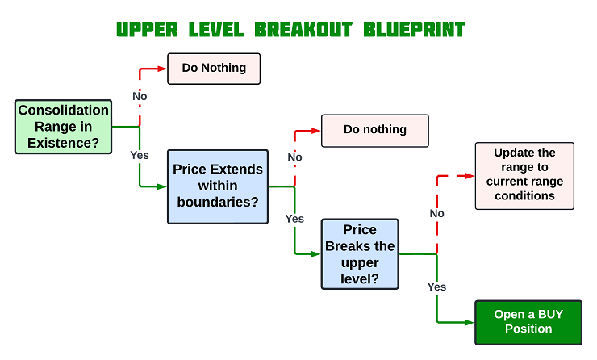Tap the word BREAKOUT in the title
303,30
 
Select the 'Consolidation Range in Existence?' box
64,127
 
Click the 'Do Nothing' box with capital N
214,69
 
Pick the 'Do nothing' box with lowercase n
374,130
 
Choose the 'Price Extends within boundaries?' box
218,186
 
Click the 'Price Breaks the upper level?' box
360,253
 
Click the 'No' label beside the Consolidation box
140,97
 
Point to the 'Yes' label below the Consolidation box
140,155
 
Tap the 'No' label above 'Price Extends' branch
294,157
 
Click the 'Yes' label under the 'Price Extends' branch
294,219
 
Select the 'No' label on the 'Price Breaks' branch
436,213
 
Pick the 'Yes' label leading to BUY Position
436,287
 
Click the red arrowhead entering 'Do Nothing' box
162,69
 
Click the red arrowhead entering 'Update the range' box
469,174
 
